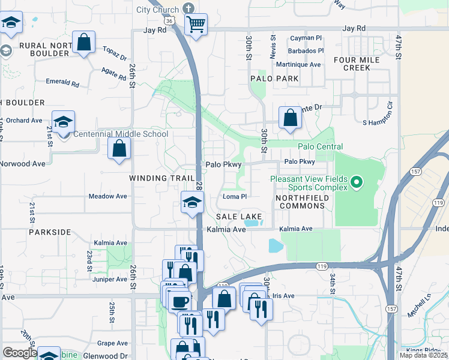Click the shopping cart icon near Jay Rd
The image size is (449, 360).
pyautogui.click(x=196, y=25)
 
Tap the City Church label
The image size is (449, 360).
pyautogui.click(x=157, y=10)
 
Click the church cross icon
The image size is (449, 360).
pyautogui.click(x=188, y=8)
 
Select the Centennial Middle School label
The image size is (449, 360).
pyautogui.click(x=120, y=134)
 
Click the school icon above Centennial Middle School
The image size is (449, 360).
pyautogui.click(x=63, y=122)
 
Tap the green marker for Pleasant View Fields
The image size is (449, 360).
pyautogui.click(x=356, y=181)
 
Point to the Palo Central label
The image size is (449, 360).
pyautogui.click(x=320, y=147)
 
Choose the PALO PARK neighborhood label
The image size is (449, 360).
pyautogui.click(x=274, y=79)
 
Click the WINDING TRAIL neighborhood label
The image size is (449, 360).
pyautogui.click(x=162, y=178)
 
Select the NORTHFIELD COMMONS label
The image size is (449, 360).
pyautogui.click(x=300, y=202)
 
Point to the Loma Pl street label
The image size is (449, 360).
pyautogui.click(x=235, y=196)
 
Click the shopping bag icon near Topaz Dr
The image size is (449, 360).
pyautogui.click(x=83, y=43)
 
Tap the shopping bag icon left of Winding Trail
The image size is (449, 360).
pyautogui.click(x=119, y=148)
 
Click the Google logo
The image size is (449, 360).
pyautogui.click(x=20, y=353)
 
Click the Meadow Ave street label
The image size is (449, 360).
pyautogui.click(x=108, y=196)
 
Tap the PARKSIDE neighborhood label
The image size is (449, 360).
pyautogui.click(x=49, y=232)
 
